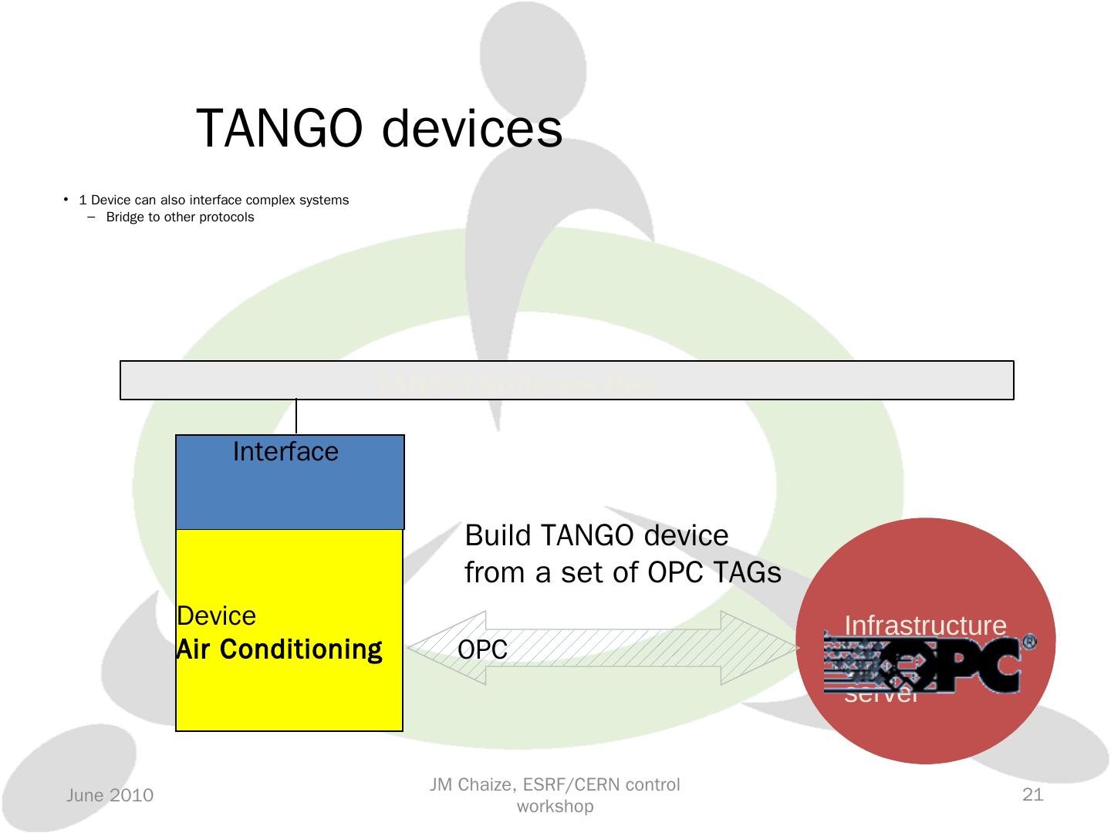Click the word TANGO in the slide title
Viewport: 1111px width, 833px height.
[280, 129]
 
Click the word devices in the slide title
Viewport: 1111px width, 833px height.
[472, 129]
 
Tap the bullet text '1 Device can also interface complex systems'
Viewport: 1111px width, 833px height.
[214, 201]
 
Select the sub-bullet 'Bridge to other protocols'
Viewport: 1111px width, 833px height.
[180, 218]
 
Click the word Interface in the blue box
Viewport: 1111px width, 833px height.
[285, 451]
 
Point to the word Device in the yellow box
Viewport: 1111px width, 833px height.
[216, 616]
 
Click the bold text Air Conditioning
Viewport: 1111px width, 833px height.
[279, 649]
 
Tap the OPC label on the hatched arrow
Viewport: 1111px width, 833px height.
[482, 650]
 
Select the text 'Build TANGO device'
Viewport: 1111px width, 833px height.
[596, 535]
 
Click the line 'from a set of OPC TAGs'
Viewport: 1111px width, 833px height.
[623, 572]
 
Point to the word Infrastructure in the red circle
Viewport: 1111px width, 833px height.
[925, 626]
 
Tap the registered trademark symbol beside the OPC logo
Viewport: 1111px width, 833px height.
[1028, 642]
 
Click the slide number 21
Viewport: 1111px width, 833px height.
[1032, 794]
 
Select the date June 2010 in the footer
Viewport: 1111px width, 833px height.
[110, 795]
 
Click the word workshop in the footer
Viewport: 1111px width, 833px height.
[555, 807]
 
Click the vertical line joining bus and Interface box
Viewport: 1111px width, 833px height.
[296, 417]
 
